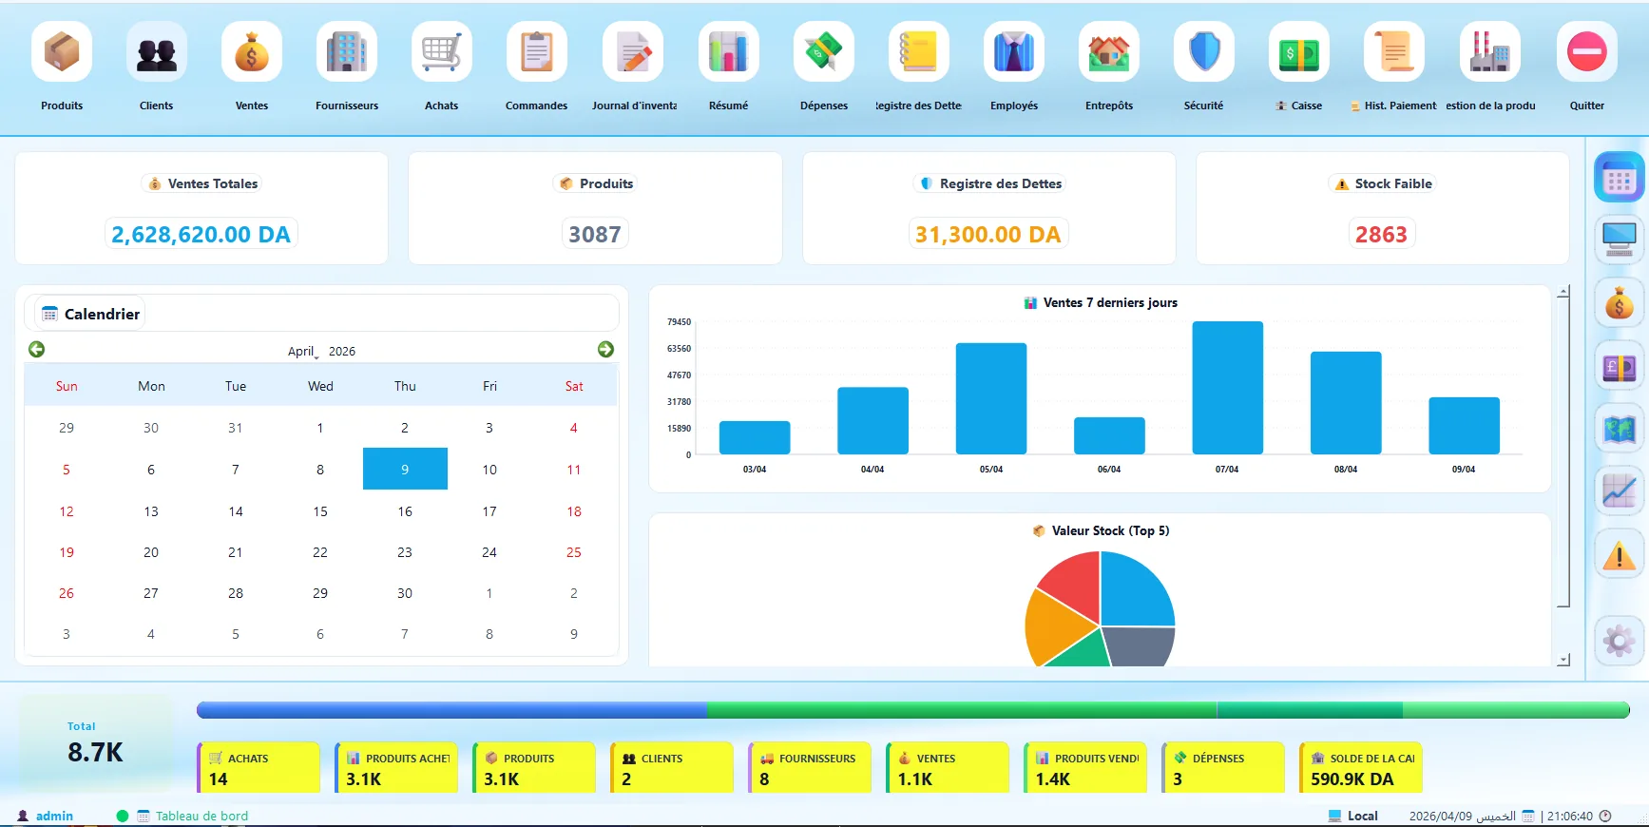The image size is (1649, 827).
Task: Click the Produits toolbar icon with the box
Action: point(62,51)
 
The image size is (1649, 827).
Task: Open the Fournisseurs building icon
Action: point(347,51)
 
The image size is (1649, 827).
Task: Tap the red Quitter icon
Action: point(1586,51)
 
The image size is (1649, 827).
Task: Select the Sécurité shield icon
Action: point(1204,51)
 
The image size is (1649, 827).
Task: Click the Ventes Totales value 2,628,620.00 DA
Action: point(201,235)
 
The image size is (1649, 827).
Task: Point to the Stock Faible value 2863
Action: point(1381,235)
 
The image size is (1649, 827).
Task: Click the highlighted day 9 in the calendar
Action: point(405,469)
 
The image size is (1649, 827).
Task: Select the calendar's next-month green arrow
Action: point(605,350)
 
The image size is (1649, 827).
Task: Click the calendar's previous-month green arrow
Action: point(37,350)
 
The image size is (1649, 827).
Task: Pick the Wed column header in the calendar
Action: point(320,386)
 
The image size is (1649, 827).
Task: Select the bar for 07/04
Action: point(1227,388)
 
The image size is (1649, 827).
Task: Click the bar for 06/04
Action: point(1109,435)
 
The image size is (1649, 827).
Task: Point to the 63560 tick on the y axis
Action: point(679,349)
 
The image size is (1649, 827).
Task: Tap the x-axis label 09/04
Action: point(1464,470)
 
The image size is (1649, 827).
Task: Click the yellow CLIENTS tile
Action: point(672,767)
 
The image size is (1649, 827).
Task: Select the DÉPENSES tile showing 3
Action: point(1223,767)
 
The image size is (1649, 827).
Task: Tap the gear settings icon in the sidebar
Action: point(1620,641)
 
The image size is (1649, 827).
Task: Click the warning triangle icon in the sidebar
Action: point(1620,555)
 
